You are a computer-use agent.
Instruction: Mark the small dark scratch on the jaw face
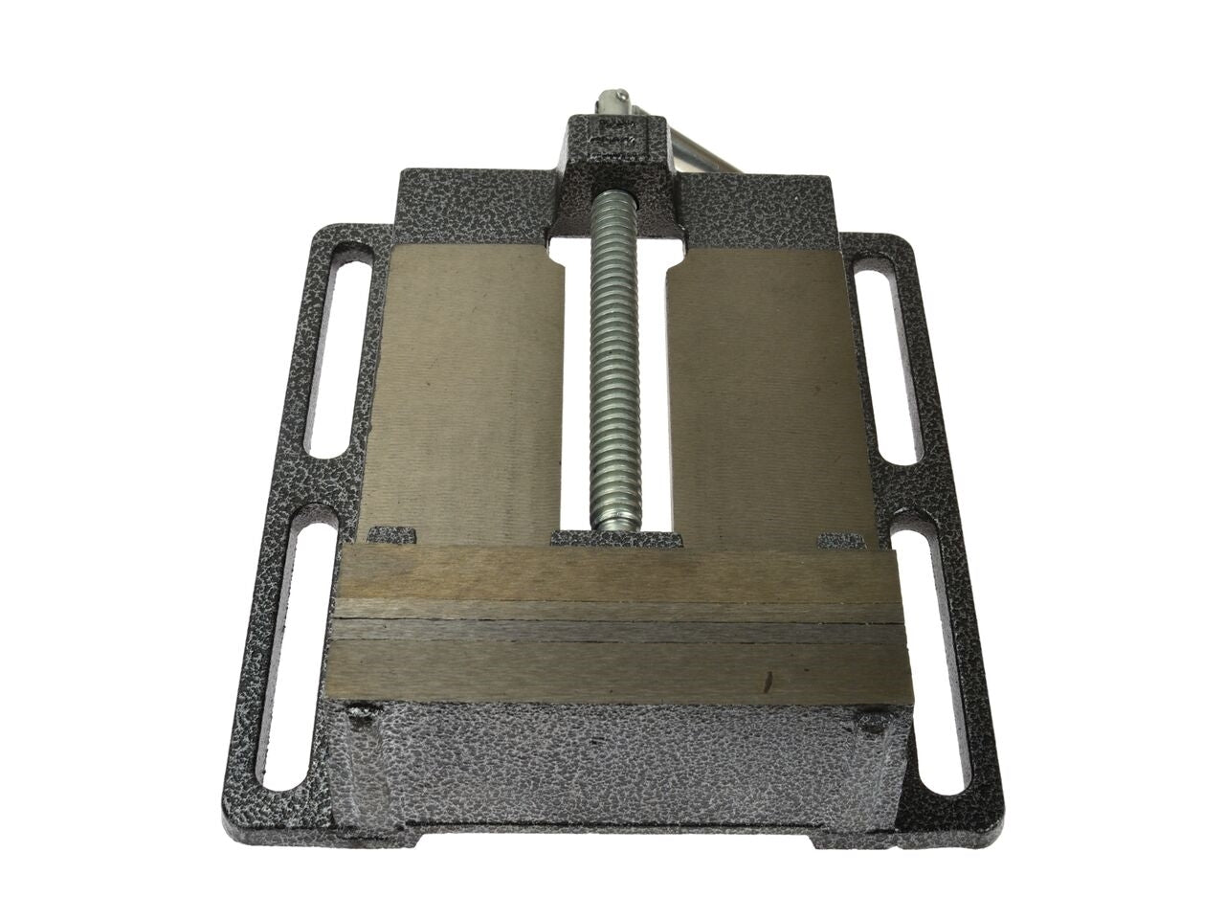(x=766, y=684)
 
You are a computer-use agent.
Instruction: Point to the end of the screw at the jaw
(x=613, y=522)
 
